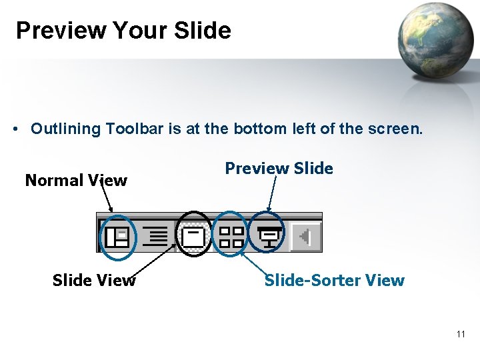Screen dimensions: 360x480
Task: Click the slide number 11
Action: (x=461, y=334)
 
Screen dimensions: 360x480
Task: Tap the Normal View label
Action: (x=75, y=181)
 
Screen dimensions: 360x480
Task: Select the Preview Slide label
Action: (x=279, y=169)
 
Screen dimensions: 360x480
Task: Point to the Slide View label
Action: (x=93, y=281)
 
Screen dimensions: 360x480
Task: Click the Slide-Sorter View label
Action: (x=334, y=280)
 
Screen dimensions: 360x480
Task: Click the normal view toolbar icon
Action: (x=117, y=236)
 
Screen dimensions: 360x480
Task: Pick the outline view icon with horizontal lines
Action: (x=155, y=236)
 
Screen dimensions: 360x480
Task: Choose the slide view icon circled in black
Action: (x=194, y=236)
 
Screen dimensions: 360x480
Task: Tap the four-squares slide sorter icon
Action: (x=232, y=236)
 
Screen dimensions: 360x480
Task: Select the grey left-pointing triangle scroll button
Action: (x=306, y=236)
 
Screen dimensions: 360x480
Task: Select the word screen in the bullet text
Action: (x=398, y=129)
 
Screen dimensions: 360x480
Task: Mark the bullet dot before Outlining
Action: (x=15, y=129)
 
